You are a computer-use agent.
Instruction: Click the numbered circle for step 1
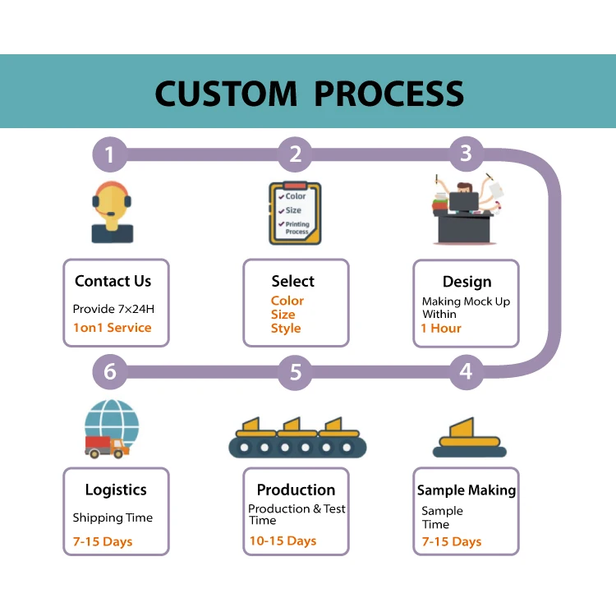pos(109,154)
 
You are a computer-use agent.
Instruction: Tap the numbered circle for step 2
pos(295,154)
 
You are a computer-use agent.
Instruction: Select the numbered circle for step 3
pos(466,154)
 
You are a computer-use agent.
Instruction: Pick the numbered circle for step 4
pos(466,371)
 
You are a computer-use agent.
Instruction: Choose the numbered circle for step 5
pos(295,372)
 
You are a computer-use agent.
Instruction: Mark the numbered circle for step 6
pos(109,372)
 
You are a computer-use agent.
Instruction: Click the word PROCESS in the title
pos(388,93)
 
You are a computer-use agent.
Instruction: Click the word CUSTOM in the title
pos(227,93)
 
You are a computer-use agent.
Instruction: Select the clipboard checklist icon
pos(294,213)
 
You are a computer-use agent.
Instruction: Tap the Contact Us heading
pos(113,281)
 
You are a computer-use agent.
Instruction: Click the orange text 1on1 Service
pos(113,327)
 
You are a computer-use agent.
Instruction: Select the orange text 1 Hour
pos(441,328)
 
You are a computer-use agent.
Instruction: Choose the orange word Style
pos(286,328)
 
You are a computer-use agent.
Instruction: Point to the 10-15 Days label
pos(283,540)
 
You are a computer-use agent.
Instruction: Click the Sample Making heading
pos(467,490)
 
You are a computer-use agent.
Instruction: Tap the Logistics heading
pos(116,490)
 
